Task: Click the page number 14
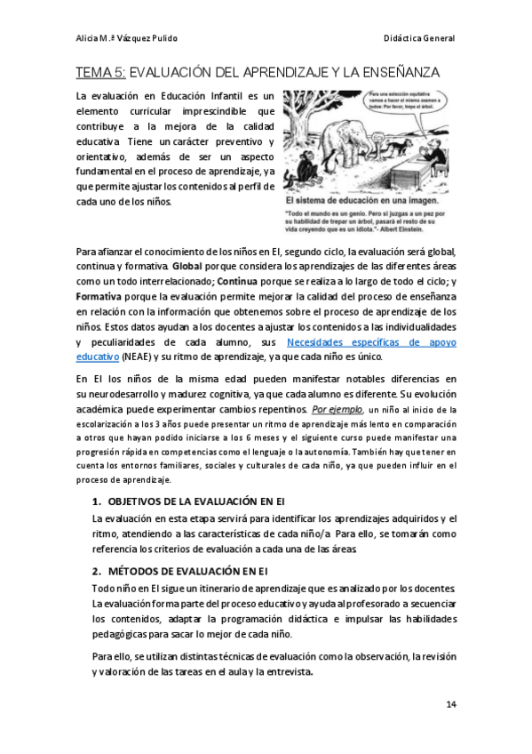point(451,705)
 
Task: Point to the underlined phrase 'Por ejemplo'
point(337,409)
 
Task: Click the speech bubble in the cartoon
point(408,100)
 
